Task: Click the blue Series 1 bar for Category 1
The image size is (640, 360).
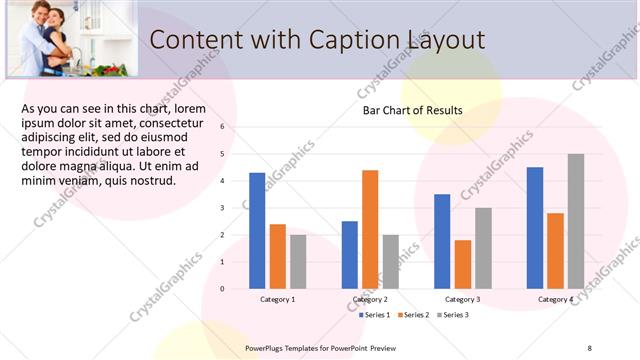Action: click(x=257, y=231)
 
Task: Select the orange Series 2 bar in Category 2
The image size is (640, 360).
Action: click(x=370, y=229)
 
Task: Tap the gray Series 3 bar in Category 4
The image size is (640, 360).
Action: click(x=576, y=221)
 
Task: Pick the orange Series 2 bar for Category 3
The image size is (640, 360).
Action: click(x=462, y=264)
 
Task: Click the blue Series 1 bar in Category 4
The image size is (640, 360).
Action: click(x=535, y=228)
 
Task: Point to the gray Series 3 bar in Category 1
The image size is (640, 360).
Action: click(x=298, y=262)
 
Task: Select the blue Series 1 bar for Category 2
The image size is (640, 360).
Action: click(x=349, y=255)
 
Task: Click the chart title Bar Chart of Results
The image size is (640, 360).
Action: click(x=412, y=110)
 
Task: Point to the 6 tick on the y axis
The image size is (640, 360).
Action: click(x=222, y=127)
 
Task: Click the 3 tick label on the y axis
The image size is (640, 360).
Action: click(x=222, y=208)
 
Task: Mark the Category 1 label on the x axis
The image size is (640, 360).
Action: click(x=277, y=299)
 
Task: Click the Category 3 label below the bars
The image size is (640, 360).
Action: click(x=462, y=299)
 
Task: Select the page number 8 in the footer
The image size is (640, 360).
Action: click(x=589, y=347)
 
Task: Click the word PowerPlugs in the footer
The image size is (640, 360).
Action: click(x=269, y=347)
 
